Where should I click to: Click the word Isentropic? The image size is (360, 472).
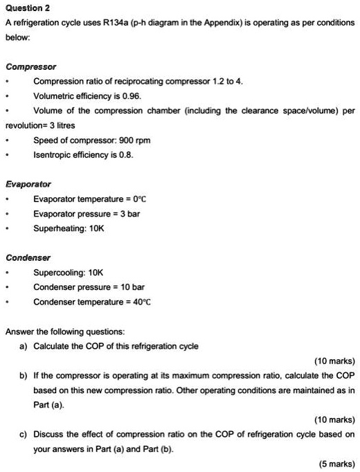click(x=53, y=155)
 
